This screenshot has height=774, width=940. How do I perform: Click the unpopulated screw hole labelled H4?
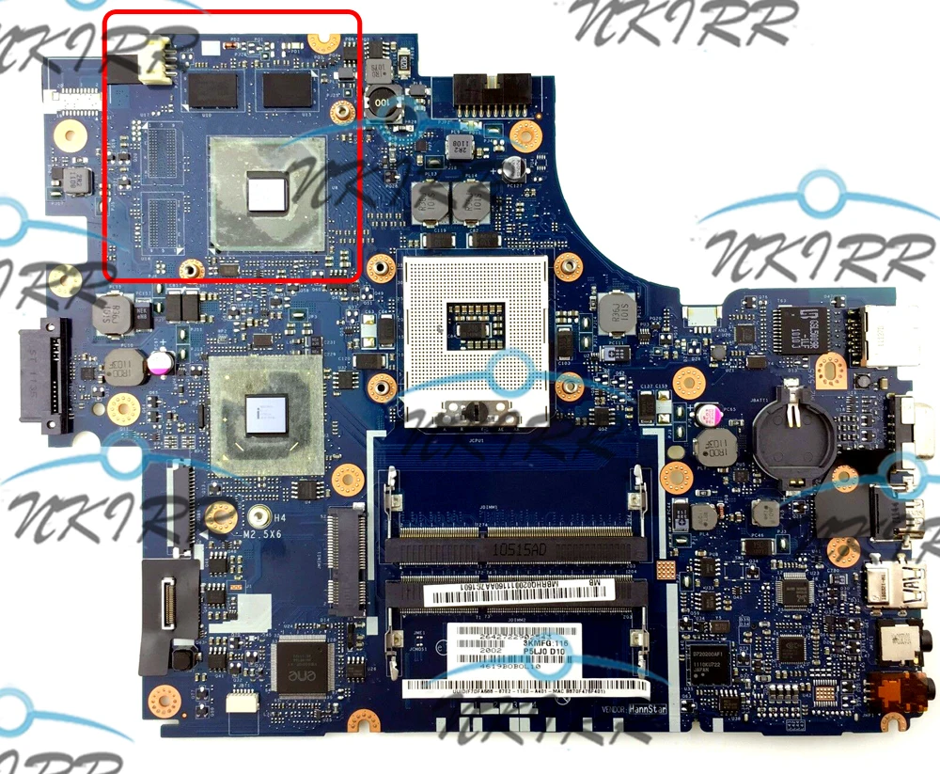tap(221, 513)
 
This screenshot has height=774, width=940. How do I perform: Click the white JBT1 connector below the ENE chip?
tap(243, 702)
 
